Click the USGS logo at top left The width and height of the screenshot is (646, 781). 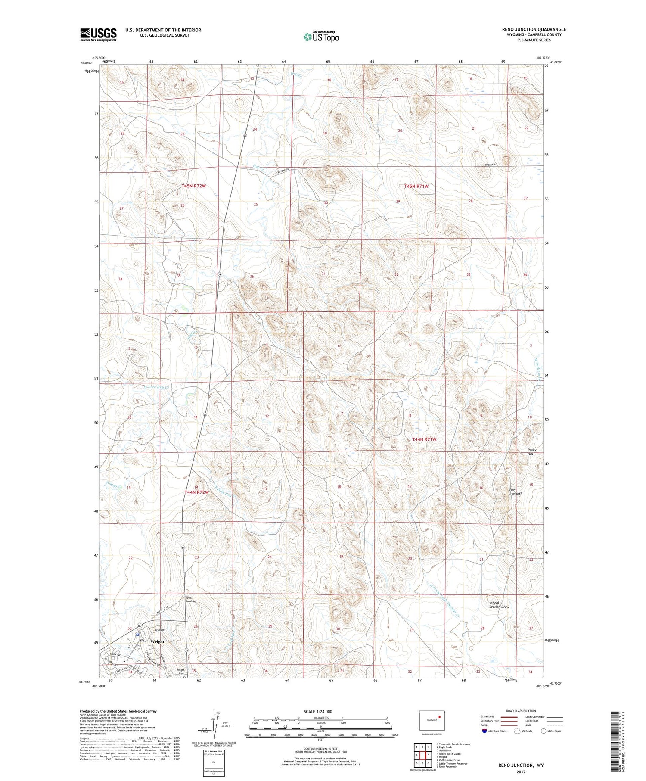pos(98,34)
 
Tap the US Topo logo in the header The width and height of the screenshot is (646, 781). pos(321,37)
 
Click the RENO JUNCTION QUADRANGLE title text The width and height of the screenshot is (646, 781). pos(534,29)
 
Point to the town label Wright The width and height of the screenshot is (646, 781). pos(157,641)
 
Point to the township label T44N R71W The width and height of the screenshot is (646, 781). pos(424,439)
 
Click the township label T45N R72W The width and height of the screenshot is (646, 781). pos(194,186)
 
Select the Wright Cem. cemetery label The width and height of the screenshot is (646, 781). pos(180,672)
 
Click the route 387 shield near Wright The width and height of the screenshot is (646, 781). pos(140,625)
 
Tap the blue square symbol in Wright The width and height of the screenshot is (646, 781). pos(137,635)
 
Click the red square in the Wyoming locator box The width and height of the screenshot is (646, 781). pos(439,717)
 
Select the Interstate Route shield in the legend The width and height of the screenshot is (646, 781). pos(484,731)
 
